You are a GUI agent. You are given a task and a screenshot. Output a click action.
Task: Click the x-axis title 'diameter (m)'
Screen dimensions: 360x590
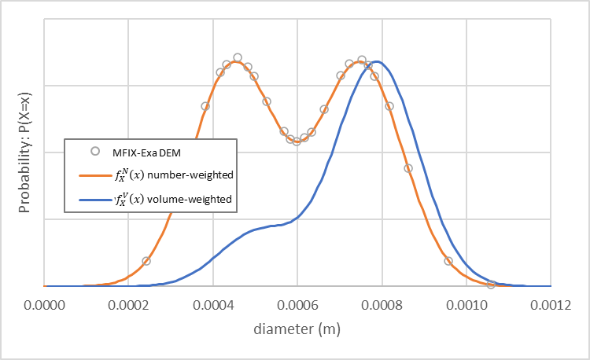pos(297,329)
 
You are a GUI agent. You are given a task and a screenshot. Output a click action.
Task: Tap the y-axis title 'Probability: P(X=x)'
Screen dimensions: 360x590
pos(24,153)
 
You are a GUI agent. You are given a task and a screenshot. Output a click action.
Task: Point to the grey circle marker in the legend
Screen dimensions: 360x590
pos(94,152)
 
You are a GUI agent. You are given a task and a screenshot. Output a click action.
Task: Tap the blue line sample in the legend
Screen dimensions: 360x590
pos(94,200)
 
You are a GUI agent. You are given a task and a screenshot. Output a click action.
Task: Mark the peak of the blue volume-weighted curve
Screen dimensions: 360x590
pos(376,61)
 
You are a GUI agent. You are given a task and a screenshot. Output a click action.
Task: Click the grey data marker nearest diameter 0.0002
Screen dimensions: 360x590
pos(146,261)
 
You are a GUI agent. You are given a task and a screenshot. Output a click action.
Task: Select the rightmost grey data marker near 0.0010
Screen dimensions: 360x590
pos(490,285)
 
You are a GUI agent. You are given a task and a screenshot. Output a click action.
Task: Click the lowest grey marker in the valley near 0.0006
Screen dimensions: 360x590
pos(297,141)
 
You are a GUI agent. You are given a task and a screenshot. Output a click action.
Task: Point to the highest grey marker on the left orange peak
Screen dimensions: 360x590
pos(238,57)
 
